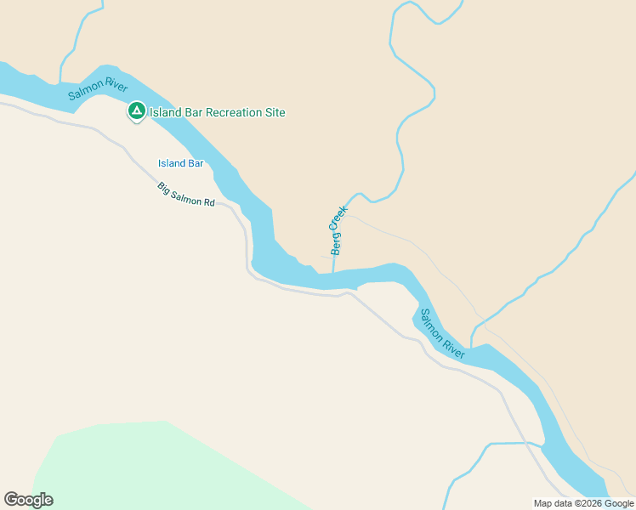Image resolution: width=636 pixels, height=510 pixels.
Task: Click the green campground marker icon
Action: (x=136, y=111)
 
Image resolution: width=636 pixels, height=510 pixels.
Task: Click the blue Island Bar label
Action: (x=181, y=163)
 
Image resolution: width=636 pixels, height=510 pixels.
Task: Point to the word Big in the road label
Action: (x=165, y=189)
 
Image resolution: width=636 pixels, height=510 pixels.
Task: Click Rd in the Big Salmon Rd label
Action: (x=208, y=203)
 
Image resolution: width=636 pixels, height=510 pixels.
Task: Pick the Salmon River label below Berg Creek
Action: (x=442, y=333)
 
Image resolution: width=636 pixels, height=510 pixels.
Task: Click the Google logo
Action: (x=28, y=500)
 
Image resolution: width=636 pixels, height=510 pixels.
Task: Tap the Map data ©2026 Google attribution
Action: (x=583, y=503)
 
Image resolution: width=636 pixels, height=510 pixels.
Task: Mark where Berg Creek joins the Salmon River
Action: (x=333, y=272)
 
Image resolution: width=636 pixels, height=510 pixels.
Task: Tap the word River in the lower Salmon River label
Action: (x=453, y=346)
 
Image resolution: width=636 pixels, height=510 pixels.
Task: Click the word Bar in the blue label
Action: (x=196, y=163)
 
